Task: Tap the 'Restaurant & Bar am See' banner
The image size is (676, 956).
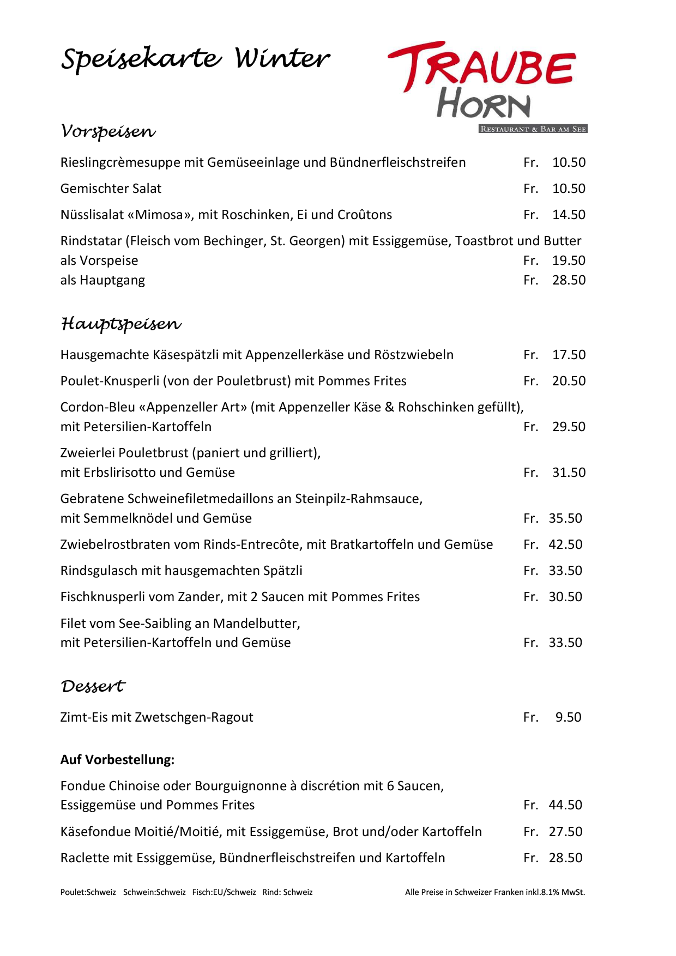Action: tap(533, 129)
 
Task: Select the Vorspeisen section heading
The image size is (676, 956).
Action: tap(108, 131)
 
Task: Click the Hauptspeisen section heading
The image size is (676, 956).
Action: tap(120, 324)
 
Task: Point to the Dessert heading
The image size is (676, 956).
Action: tap(93, 686)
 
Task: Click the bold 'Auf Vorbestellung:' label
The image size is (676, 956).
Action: tap(117, 760)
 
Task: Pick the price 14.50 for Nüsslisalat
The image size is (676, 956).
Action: tap(569, 215)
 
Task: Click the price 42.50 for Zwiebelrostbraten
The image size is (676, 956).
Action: tap(565, 544)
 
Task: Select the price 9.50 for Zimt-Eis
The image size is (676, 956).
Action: tap(568, 717)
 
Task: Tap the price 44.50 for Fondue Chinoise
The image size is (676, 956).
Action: tap(565, 805)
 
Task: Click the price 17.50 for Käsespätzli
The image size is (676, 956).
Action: tap(569, 355)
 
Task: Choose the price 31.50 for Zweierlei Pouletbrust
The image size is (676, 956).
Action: tap(569, 473)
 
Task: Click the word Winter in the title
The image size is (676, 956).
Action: tap(282, 58)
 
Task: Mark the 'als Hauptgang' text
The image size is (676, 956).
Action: tap(102, 280)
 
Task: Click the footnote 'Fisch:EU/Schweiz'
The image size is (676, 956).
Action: tap(224, 892)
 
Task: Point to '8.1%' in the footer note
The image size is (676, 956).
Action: tap(550, 892)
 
